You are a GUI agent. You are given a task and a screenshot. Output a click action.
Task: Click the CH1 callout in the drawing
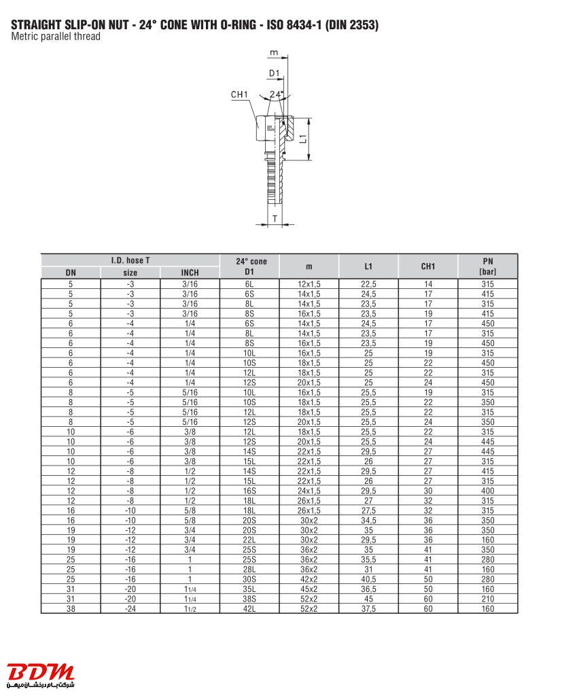click(240, 95)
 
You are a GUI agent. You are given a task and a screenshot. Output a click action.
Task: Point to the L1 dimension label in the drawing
click(304, 137)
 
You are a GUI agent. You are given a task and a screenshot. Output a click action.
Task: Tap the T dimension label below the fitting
click(275, 218)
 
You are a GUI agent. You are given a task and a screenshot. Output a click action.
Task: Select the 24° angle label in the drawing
click(277, 94)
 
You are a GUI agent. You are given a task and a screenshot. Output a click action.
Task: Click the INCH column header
click(190, 273)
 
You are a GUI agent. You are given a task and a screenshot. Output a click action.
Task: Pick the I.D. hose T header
click(130, 260)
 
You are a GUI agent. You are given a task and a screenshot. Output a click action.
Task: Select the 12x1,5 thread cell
click(309, 284)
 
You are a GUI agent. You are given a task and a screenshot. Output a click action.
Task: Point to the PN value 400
click(487, 490)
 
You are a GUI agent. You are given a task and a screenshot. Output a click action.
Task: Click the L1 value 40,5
click(368, 578)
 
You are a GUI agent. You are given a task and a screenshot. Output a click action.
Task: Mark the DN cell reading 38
click(71, 608)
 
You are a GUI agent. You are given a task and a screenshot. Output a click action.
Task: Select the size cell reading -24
click(130, 608)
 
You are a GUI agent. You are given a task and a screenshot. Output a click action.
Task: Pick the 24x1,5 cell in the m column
click(309, 490)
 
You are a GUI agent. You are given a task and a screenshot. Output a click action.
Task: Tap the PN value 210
click(487, 599)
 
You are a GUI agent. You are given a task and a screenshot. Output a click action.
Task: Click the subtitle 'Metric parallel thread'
click(56, 37)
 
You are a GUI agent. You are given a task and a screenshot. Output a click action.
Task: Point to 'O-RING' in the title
click(237, 25)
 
